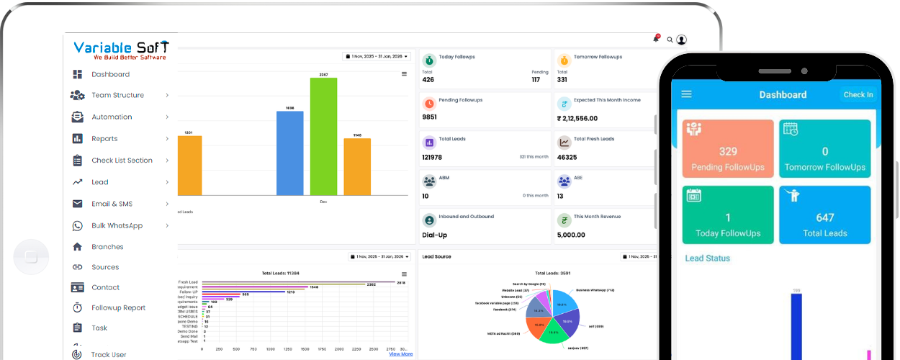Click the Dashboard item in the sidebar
click(x=110, y=74)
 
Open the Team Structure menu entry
click(x=117, y=95)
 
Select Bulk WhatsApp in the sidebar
click(x=117, y=225)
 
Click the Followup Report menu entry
click(x=118, y=307)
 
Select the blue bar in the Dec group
click(x=289, y=153)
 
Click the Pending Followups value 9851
click(x=430, y=117)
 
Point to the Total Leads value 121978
click(x=432, y=157)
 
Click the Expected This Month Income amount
click(x=577, y=118)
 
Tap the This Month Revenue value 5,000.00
click(x=571, y=235)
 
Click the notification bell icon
click(x=656, y=39)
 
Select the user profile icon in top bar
click(x=681, y=40)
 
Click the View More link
click(x=400, y=354)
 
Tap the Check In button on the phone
click(x=858, y=94)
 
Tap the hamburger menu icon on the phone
click(x=686, y=94)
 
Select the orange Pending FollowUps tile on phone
click(x=728, y=149)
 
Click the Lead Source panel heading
click(x=436, y=256)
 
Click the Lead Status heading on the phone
click(x=707, y=258)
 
